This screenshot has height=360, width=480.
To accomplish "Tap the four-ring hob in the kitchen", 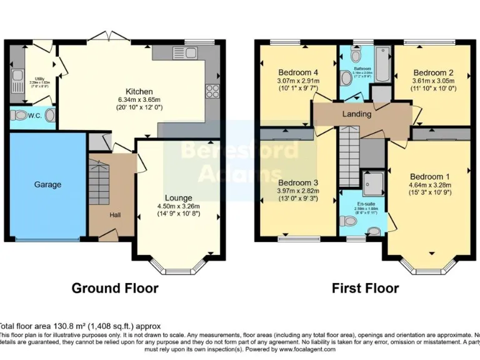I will pos(211,91).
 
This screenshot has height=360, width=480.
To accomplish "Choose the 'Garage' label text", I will pos(47,184).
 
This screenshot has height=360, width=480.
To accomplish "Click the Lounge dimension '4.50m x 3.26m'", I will pos(178,206).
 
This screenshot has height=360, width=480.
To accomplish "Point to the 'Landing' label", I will pos(357,114).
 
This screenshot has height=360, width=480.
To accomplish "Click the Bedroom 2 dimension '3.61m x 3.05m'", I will pos(433,81).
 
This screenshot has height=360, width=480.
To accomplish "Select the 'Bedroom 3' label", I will pos(297,183).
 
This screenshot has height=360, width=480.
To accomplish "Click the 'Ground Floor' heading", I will pos(115,288).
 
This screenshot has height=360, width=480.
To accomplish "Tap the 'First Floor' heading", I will pos(365,288).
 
